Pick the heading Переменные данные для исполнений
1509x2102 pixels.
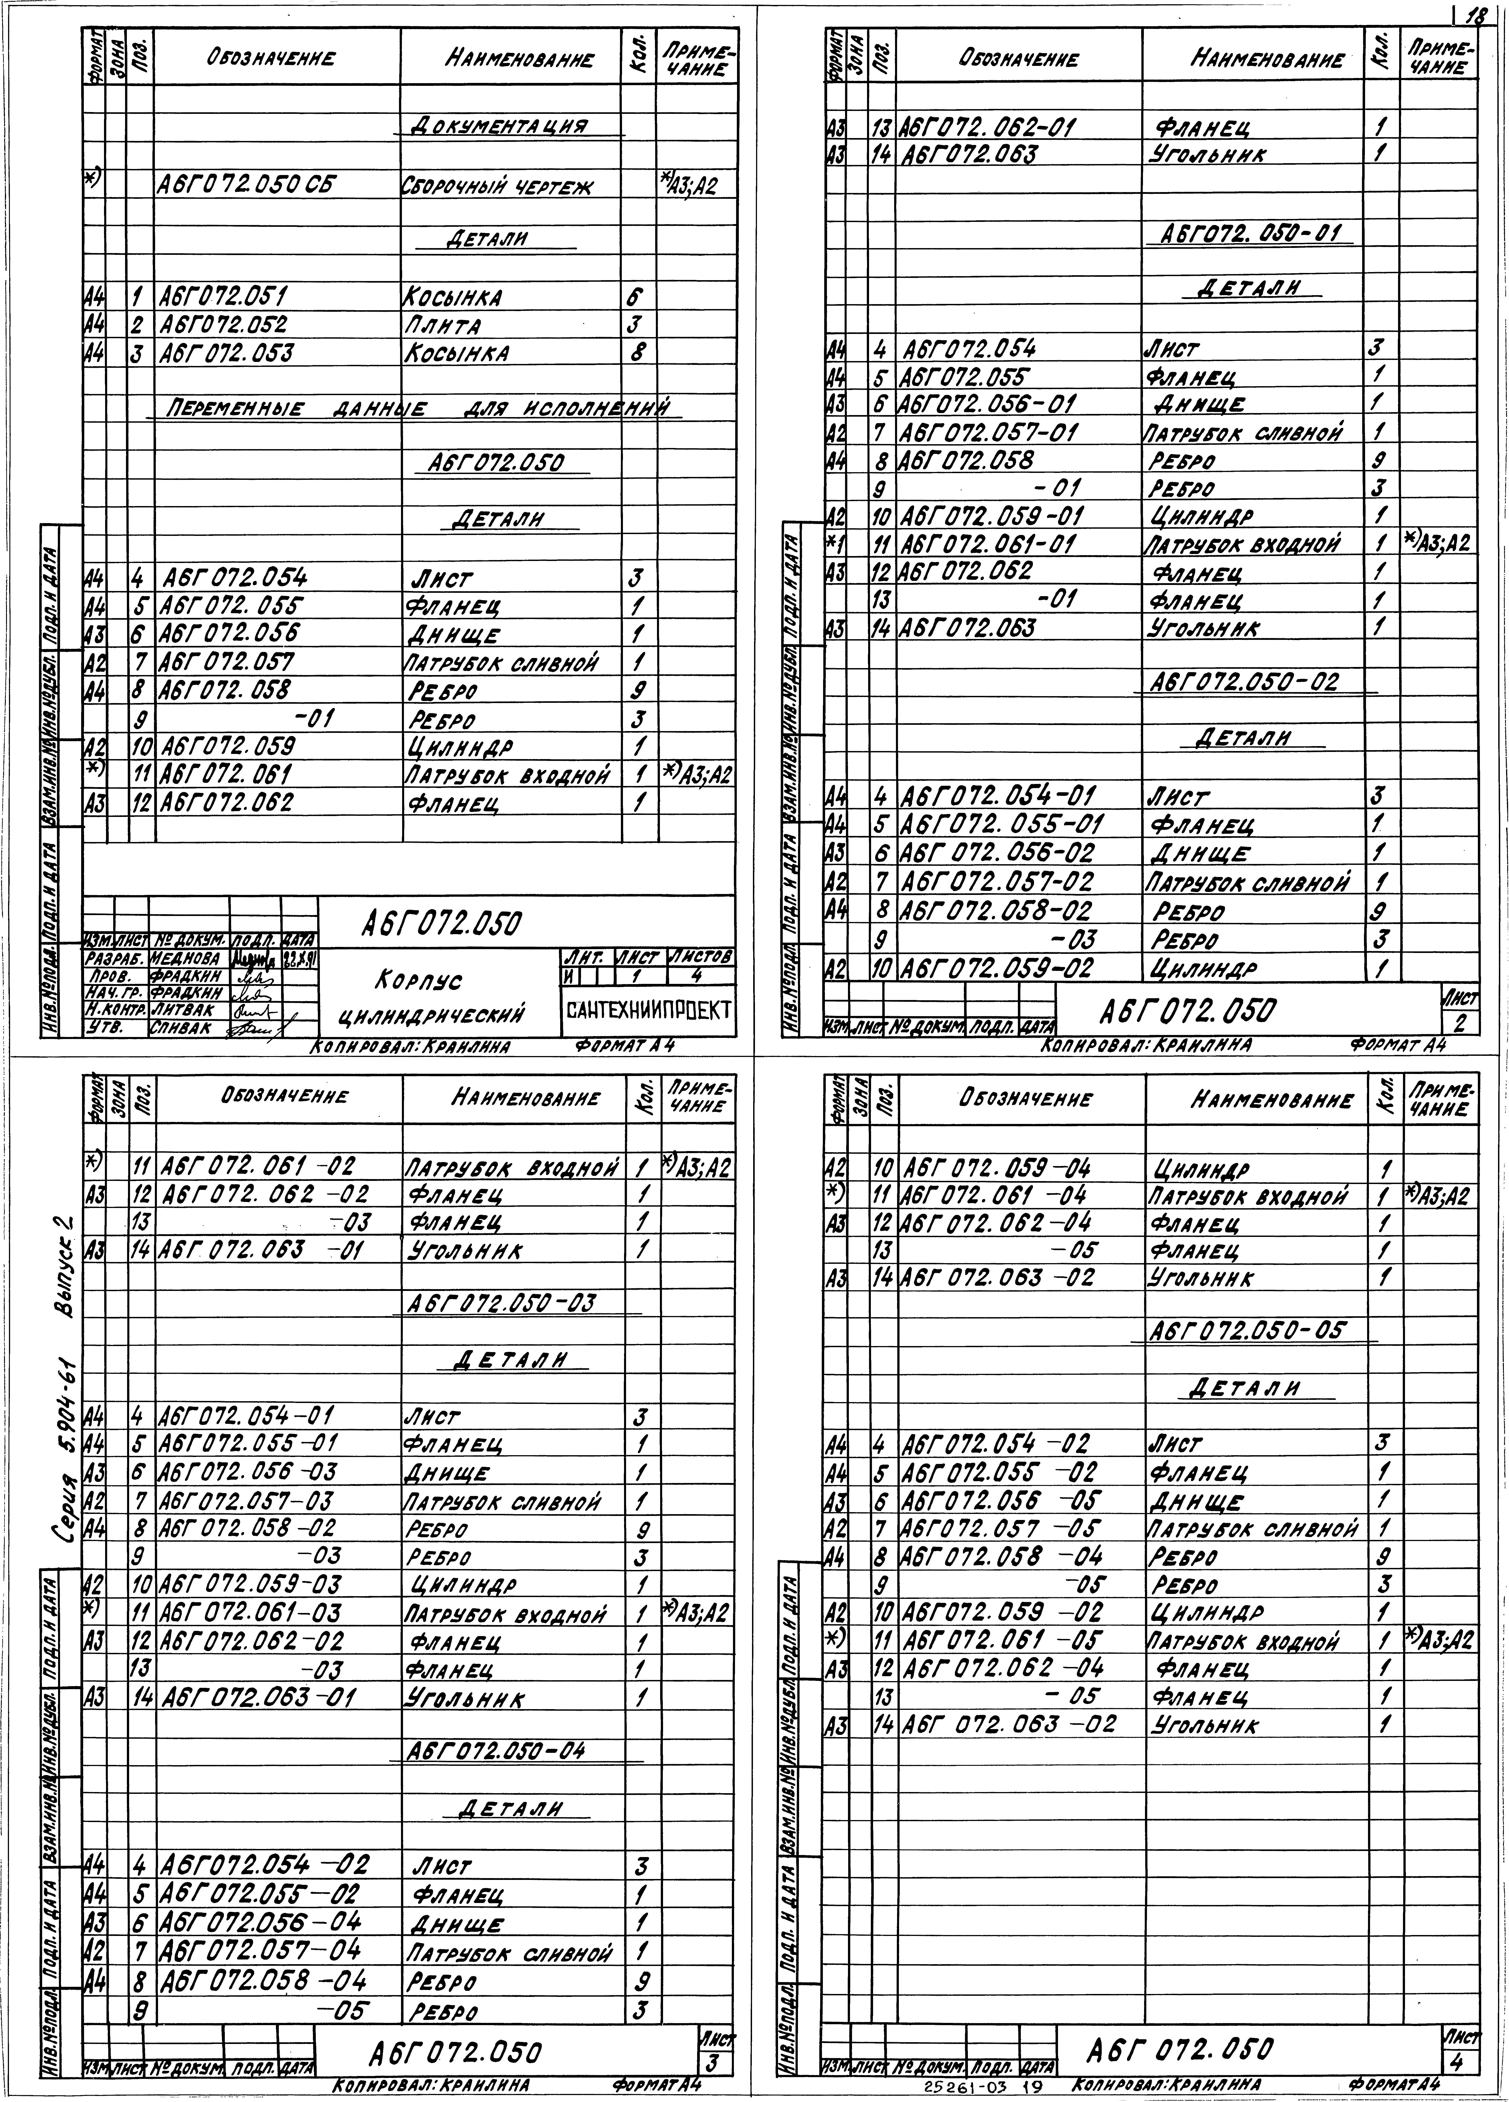click(417, 409)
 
